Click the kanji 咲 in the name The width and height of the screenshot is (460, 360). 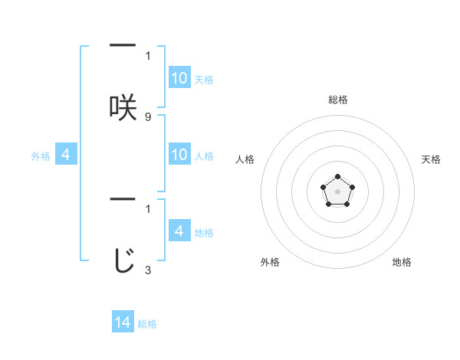123,106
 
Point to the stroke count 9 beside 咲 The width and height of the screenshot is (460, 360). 148,117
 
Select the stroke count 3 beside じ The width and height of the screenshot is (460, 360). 148,270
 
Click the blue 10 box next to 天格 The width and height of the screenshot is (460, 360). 179,78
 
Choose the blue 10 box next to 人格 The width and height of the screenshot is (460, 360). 179,155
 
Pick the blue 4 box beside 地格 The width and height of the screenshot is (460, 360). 179,231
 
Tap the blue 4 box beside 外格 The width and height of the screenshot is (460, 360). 66,155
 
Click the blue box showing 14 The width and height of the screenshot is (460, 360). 123,322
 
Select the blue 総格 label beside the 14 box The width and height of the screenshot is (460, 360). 147,324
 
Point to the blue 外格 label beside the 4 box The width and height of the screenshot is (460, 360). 41,156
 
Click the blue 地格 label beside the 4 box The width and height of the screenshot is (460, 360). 204,233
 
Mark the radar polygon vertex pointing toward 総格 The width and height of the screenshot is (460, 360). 337,177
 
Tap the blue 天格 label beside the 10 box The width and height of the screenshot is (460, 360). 204,80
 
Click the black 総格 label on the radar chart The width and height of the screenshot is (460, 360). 337,100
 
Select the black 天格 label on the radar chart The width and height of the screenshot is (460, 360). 432,159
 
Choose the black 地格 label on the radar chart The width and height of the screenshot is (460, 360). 402,262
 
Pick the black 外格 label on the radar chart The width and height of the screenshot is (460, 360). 270,262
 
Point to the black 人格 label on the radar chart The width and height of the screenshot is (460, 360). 245,159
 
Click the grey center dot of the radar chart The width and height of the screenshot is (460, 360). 337,191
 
